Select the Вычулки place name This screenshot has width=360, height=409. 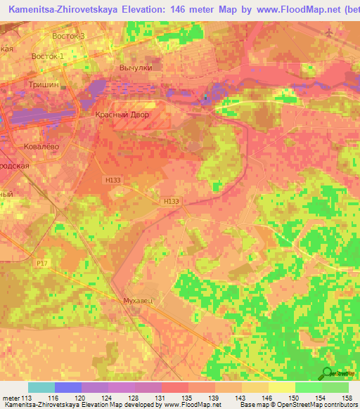click(x=136, y=67)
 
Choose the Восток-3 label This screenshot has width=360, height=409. click(x=68, y=35)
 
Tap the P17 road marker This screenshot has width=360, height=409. click(x=42, y=263)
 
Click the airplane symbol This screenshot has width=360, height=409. click(x=330, y=32)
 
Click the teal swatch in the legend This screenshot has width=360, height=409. click(x=41, y=387)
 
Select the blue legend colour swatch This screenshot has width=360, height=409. click(x=67, y=387)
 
